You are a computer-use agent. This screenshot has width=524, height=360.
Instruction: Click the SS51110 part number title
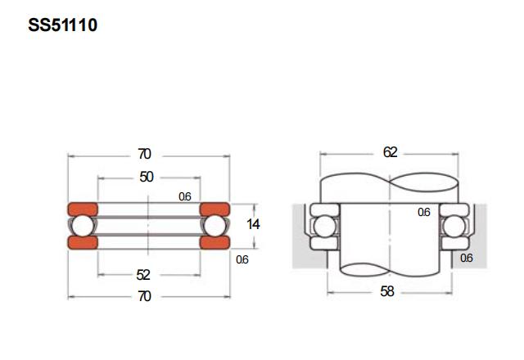(62, 25)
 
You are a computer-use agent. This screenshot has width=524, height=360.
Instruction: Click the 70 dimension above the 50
(144, 154)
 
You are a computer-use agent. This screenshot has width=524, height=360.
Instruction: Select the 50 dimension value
(147, 177)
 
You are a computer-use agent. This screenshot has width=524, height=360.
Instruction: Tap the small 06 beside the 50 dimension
(185, 196)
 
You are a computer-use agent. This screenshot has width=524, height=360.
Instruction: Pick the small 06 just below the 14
(242, 259)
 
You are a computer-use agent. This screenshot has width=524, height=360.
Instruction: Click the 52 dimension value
(144, 275)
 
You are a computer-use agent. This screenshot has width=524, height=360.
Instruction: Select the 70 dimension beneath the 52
(144, 296)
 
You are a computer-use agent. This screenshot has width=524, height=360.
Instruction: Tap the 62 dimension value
(390, 152)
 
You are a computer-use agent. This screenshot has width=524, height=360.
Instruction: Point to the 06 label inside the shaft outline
(423, 212)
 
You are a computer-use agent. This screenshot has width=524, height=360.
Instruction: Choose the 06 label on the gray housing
(467, 258)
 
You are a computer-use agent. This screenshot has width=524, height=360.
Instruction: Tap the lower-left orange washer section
(82, 243)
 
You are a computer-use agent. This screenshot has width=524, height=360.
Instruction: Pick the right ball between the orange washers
(215, 225)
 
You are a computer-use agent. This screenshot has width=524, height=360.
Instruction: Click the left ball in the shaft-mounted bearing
(323, 226)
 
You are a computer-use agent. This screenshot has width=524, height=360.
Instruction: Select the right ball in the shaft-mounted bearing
(454, 226)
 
